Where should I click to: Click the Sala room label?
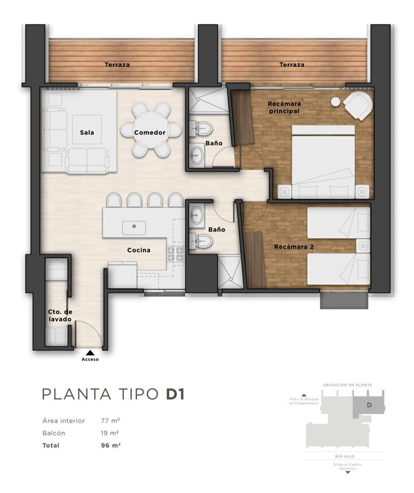[87, 132]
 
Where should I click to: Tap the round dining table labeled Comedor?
[151, 130]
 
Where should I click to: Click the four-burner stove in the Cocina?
[175, 254]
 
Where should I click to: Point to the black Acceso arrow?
[90, 353]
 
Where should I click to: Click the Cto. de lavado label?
[60, 315]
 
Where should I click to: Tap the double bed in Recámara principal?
[323, 162]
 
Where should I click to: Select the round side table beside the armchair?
[336, 102]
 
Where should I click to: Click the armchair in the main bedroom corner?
[358, 106]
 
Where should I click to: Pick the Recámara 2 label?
[294, 247]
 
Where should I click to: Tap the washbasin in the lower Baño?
[197, 215]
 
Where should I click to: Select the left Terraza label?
[117, 65]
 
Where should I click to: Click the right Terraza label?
[292, 65]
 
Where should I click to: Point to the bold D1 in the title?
[175, 394]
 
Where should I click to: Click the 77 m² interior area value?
[110, 421]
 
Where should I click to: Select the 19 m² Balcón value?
[110, 433]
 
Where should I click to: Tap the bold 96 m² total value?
[111, 445]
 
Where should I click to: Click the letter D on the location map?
[369, 405]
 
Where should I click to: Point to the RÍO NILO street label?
[344, 456]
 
